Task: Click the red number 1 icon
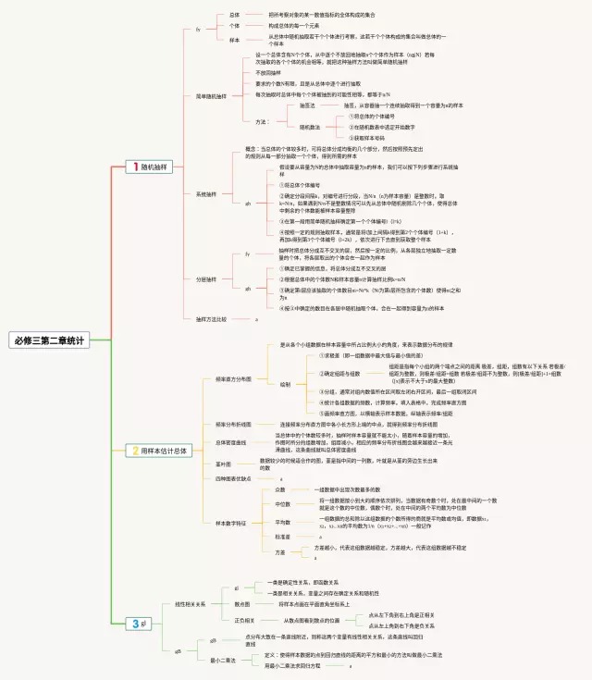(135, 167)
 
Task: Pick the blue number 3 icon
(135, 624)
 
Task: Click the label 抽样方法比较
(212, 319)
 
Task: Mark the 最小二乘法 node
(223, 660)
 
